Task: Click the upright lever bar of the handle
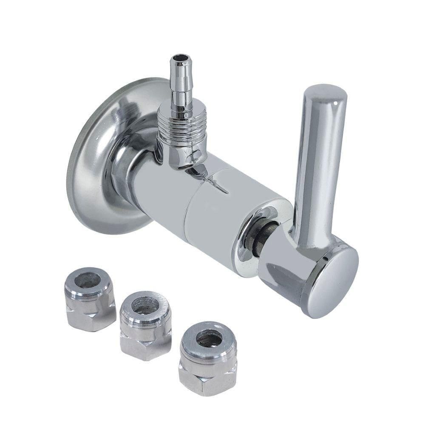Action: coord(317,170)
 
